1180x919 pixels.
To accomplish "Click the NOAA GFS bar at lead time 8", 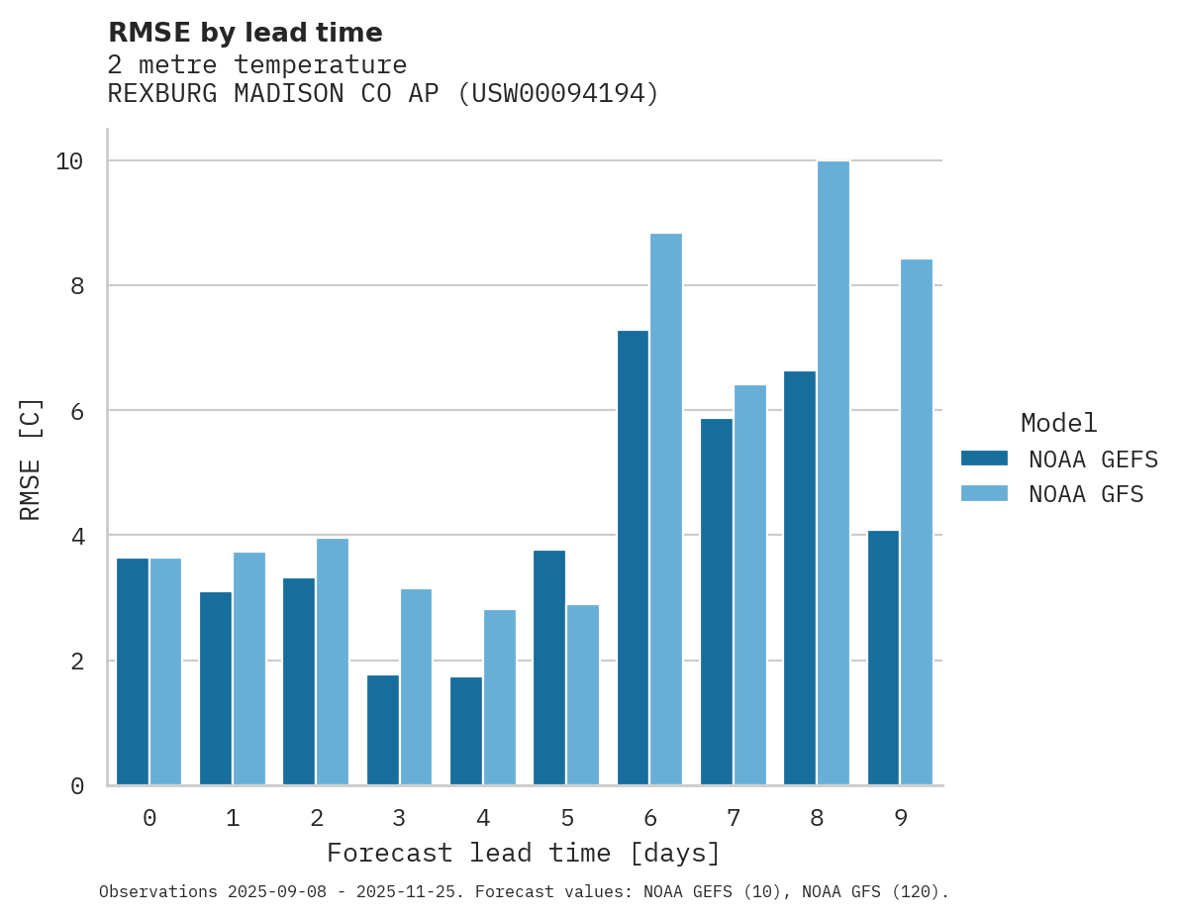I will pos(834,473).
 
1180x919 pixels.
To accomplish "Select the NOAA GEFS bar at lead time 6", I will pos(633,558).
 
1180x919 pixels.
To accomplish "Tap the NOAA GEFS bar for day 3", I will pos(383,730).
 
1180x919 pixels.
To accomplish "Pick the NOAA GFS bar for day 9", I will pos(917,522).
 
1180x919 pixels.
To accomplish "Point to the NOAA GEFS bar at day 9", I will pos(883,658).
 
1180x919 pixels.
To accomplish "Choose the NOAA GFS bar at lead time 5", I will pos(583,694).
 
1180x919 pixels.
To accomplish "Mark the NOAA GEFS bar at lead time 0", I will pos(133,671).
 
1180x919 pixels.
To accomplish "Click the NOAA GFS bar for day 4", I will pos(500,697).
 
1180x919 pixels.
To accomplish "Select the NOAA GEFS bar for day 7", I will pos(717,602).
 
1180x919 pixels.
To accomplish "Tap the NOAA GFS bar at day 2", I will pos(333,662).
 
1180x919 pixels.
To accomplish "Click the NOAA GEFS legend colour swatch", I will pos(984,459).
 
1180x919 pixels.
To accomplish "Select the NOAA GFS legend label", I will pos(1086,494).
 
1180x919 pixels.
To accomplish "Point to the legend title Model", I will pos(1058,423).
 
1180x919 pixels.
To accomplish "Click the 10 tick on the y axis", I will pos(69,160).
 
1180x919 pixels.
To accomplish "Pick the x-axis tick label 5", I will pos(567,818).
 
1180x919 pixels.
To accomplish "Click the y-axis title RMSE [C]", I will pos(31,459).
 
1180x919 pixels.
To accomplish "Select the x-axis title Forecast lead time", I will pos(524,853).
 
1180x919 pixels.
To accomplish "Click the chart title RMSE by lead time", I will pos(245,33).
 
